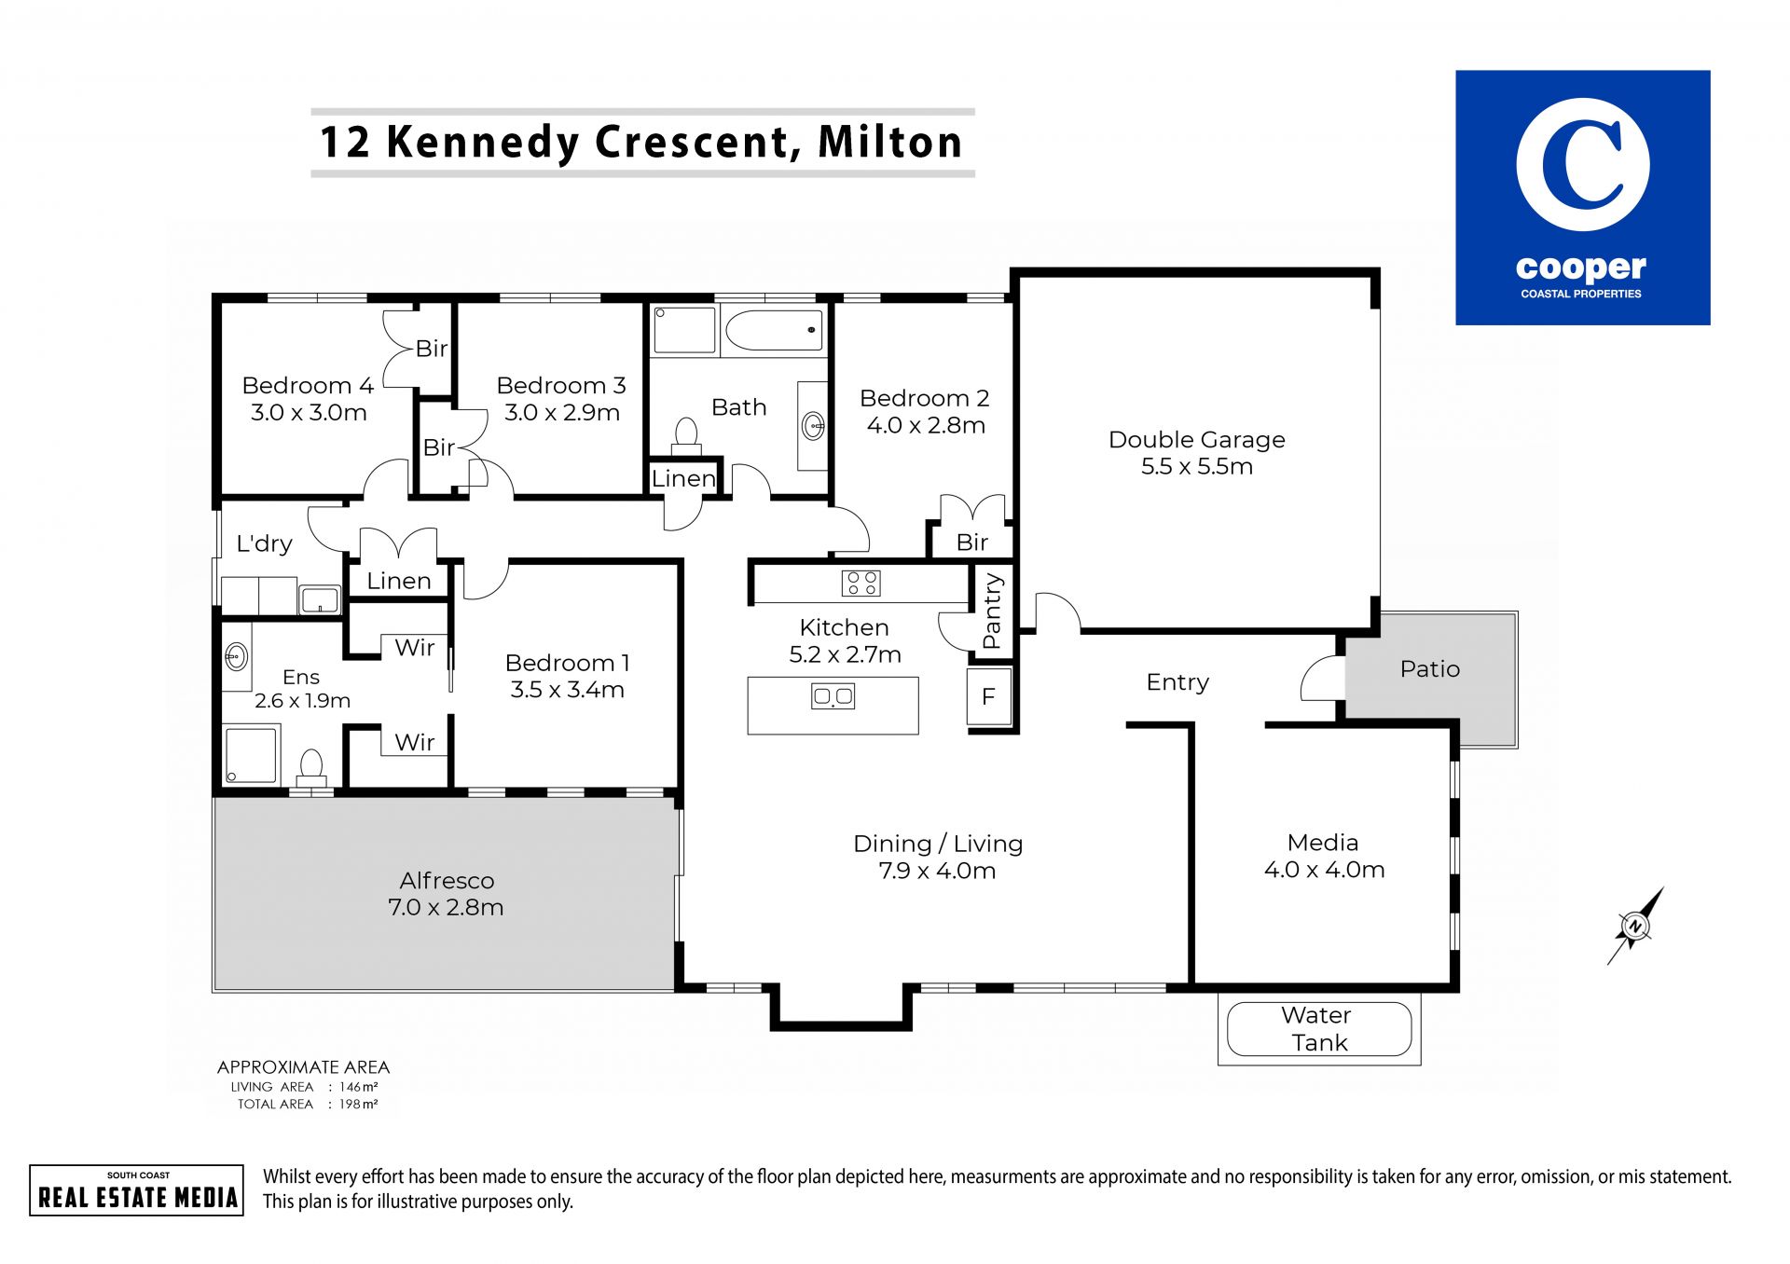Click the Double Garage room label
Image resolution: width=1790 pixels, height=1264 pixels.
click(x=1196, y=440)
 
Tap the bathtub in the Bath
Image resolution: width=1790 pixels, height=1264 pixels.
click(x=774, y=330)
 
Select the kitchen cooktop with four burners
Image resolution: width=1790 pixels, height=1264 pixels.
click(x=861, y=584)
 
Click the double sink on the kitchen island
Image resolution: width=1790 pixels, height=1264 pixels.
click(x=833, y=696)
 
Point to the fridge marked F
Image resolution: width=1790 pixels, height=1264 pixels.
click(x=989, y=696)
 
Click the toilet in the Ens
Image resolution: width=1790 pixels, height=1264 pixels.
click(x=311, y=767)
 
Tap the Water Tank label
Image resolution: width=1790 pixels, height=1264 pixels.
click(x=1317, y=1029)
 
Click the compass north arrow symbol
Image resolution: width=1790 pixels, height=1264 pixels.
click(x=1635, y=926)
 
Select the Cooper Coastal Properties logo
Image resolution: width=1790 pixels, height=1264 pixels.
click(x=1582, y=198)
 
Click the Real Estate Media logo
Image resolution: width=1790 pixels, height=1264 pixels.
click(x=137, y=1190)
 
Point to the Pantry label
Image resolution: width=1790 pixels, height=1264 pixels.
click(x=992, y=611)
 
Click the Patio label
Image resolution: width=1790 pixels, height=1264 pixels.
click(x=1430, y=669)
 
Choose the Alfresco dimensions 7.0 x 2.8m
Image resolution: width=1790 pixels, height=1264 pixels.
click(x=446, y=908)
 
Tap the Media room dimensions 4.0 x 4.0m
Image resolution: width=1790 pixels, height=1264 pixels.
click(x=1324, y=871)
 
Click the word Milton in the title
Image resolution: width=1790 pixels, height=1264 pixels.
click(x=890, y=142)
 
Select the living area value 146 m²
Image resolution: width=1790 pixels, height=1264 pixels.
click(x=358, y=1087)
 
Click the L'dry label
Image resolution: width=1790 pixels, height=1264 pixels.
click(x=264, y=543)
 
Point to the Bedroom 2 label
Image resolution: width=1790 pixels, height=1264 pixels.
click(x=924, y=399)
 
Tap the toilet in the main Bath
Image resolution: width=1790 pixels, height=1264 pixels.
click(x=686, y=435)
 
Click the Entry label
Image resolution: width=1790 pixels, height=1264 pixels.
click(x=1177, y=683)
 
